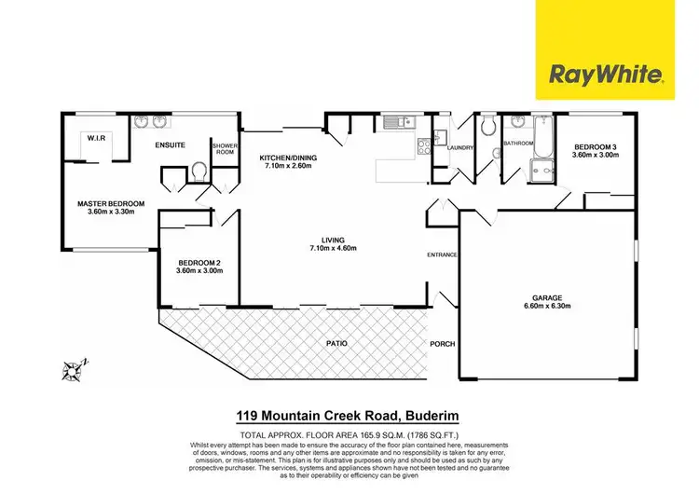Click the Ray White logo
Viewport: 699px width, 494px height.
609,73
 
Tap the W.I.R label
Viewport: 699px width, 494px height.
99,139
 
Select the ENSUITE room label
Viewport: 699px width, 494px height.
171,144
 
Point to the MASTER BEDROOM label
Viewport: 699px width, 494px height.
110,204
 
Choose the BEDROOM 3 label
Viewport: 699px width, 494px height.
593,147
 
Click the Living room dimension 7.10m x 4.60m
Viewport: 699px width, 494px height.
333,247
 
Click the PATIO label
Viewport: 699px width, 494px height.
337,344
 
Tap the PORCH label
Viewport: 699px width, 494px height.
442,344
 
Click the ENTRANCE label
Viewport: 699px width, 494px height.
442,254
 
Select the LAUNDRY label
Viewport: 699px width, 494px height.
460,148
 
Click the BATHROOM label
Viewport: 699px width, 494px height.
517,144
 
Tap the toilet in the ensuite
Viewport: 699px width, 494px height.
199,172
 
